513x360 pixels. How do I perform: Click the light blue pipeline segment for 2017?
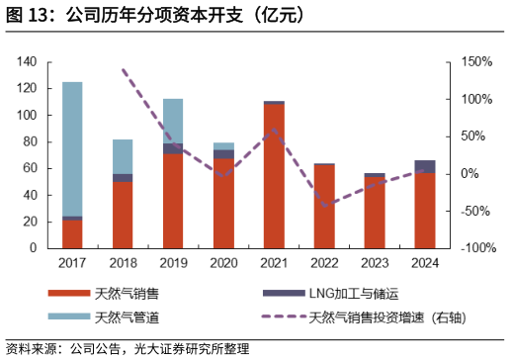click(x=72, y=148)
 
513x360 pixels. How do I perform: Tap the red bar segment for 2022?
click(x=324, y=207)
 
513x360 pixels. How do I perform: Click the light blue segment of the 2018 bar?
click(x=123, y=156)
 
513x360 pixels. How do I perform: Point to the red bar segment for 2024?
click(x=425, y=211)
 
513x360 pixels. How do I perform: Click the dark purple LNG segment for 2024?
click(x=425, y=166)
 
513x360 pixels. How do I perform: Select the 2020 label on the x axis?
click(x=223, y=264)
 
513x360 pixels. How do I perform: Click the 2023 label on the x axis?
click(x=375, y=264)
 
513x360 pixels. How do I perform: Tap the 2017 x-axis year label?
click(x=72, y=264)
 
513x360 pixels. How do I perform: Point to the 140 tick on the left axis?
click(x=27, y=62)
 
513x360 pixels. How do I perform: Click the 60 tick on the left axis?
click(x=30, y=168)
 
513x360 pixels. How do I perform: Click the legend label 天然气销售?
click(x=127, y=294)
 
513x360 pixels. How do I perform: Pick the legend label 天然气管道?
click(x=127, y=318)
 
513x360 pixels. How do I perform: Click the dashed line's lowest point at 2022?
click(x=324, y=207)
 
